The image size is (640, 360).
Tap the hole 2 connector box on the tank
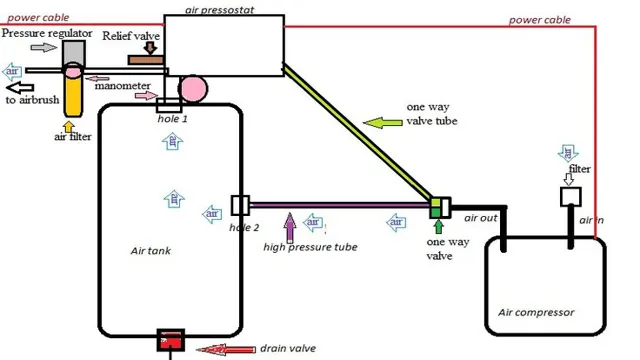(240, 205)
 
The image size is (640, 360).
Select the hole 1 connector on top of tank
(168, 105)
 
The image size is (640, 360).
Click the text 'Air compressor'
(536, 312)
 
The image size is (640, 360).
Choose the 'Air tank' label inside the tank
(151, 251)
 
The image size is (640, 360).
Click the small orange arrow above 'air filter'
(68, 126)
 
